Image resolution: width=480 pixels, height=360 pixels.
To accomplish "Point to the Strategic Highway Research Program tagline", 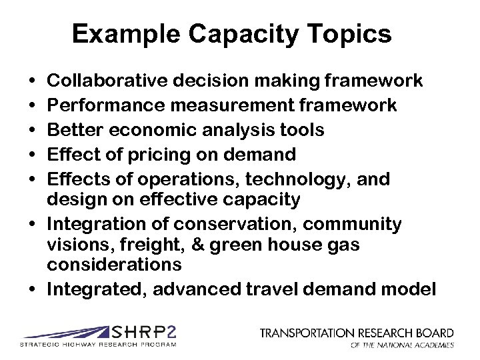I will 99,345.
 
